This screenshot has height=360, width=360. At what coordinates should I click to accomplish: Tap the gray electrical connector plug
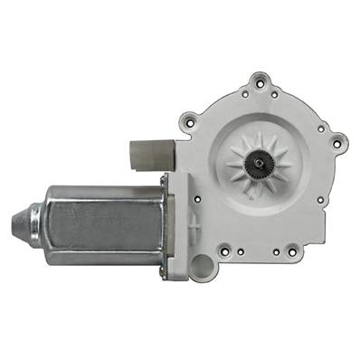pyautogui.click(x=147, y=155)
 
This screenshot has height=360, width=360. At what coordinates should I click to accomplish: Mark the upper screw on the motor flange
pyautogui.click(x=164, y=181)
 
